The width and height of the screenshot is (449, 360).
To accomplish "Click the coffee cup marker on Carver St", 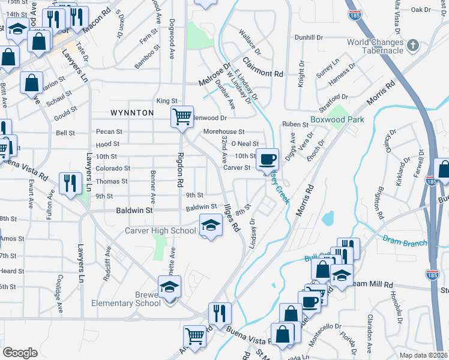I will pyautogui.click(x=267, y=160).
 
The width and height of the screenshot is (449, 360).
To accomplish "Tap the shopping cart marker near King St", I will pyautogui.click(x=182, y=115).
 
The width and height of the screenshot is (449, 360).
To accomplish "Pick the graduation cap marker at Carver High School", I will pyautogui.click(x=210, y=226).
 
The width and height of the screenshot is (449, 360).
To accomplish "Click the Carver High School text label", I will pyautogui.click(x=160, y=230).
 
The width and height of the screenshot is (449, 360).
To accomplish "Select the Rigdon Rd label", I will pyautogui.click(x=179, y=171).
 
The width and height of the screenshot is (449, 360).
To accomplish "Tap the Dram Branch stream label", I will pyautogui.click(x=405, y=240).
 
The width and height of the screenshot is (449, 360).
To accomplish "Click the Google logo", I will pyautogui.click(x=20, y=352).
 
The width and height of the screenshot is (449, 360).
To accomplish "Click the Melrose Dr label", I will pyautogui.click(x=215, y=77).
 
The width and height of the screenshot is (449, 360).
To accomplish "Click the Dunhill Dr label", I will pyautogui.click(x=309, y=37).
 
